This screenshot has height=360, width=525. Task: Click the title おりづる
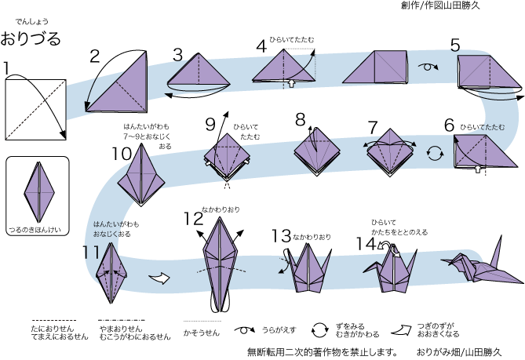pyautogui.click(x=31, y=38)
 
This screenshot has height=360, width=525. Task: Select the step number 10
pyautogui.click(x=121, y=153)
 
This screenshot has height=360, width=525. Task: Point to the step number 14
pyautogui.click(x=366, y=243)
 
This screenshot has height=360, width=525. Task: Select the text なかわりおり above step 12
pyautogui.click(x=221, y=209)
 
